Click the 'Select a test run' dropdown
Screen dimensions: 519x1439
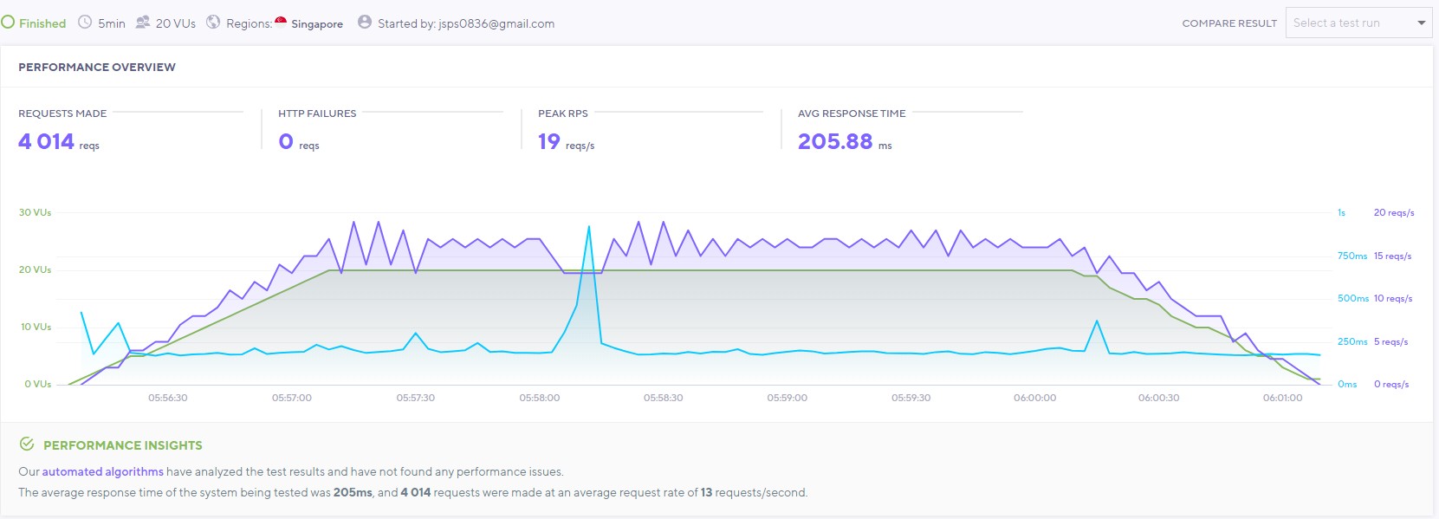(1358, 23)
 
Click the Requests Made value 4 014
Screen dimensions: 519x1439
(46, 141)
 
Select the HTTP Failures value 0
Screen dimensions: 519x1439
(286, 141)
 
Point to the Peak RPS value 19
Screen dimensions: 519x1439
(549, 141)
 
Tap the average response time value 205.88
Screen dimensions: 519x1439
(835, 141)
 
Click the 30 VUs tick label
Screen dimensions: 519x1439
(35, 212)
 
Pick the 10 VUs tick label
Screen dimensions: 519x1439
(36, 327)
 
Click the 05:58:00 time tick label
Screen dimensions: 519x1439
(540, 398)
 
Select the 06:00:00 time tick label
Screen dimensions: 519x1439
(1035, 398)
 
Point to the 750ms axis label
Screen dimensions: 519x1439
(1351, 256)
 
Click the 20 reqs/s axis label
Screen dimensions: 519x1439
(1394, 212)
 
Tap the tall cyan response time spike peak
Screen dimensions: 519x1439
(589, 227)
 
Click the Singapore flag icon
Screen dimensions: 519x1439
(281, 22)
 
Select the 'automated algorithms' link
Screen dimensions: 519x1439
(103, 471)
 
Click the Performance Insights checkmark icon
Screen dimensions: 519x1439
(27, 444)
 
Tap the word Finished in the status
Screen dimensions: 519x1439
(42, 23)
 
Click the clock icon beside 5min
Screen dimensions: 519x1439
(85, 23)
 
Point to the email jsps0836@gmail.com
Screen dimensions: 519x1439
(496, 23)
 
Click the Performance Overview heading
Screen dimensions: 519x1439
(97, 67)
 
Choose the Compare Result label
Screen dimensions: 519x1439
(1229, 23)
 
